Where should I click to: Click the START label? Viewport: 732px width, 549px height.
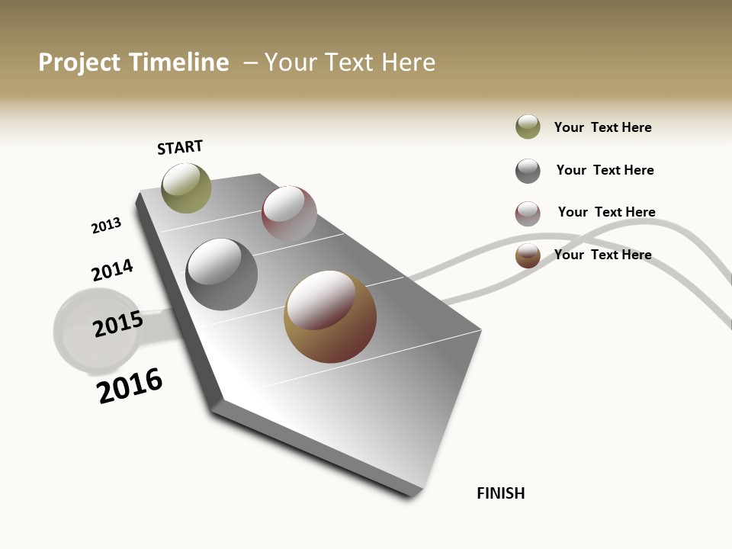coord(180,147)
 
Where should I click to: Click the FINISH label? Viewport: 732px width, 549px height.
coord(501,493)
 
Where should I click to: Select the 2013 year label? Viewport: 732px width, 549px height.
coord(106,226)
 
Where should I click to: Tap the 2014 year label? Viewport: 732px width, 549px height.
coord(112,271)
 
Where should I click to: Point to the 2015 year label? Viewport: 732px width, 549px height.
coord(118,324)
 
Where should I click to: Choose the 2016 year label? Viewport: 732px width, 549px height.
coord(130,385)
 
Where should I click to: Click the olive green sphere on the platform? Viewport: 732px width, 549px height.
coord(186,188)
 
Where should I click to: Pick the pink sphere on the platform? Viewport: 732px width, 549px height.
coord(289,213)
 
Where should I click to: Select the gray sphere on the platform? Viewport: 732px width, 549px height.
coord(221,274)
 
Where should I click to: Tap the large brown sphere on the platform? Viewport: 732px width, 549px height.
coord(330,316)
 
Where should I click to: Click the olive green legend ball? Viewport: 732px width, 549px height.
coord(528,127)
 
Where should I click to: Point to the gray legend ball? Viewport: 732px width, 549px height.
coord(528,171)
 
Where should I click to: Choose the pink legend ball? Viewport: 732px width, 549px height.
coord(528,213)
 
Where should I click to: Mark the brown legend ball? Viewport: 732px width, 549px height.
coord(528,255)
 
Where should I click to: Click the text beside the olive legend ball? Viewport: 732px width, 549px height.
coord(602,127)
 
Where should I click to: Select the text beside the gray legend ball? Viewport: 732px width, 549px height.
coord(605,170)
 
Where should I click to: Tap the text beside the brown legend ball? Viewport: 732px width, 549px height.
coord(602,255)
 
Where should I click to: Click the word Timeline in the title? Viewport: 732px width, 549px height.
coord(178,63)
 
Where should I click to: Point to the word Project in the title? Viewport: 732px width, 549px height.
coord(80,63)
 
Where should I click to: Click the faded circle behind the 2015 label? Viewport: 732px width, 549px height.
coord(80,335)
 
